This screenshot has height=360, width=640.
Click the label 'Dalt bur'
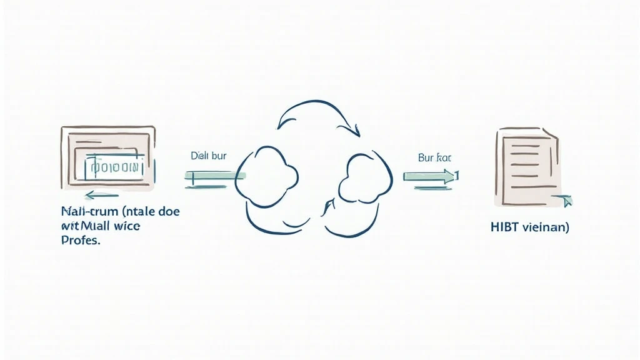(x=207, y=156)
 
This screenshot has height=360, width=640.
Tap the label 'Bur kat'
(x=434, y=158)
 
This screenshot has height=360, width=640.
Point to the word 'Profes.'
(x=81, y=241)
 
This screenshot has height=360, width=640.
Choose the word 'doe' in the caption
(x=168, y=212)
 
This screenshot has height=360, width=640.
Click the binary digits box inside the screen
(x=114, y=167)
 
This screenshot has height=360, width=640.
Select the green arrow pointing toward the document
(x=430, y=176)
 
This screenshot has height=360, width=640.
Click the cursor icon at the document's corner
(x=566, y=201)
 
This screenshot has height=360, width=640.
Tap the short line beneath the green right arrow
(x=431, y=189)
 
